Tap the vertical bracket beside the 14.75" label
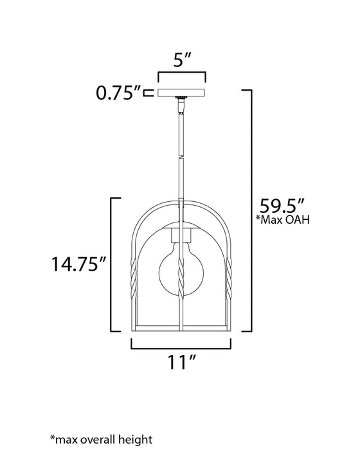113,264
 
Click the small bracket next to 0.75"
148,94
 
